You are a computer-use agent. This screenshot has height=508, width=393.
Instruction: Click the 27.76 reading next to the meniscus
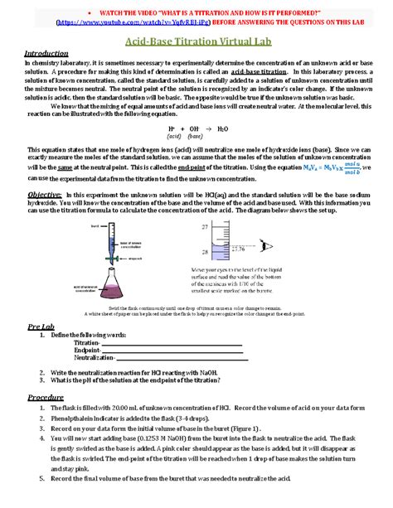(261, 248)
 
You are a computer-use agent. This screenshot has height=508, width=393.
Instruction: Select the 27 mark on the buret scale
(227, 226)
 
